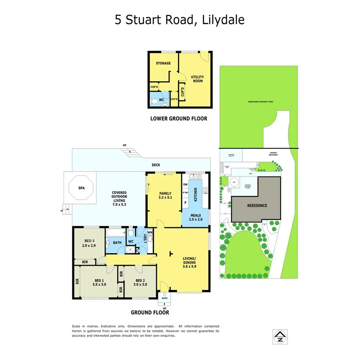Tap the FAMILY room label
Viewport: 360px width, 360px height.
(x=165, y=195)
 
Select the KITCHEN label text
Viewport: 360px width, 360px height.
(x=196, y=194)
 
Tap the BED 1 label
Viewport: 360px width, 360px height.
(x=99, y=282)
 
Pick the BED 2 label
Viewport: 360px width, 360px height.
(x=140, y=282)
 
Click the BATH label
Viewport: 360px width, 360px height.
(x=117, y=242)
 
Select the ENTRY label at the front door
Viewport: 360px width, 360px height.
(x=164, y=298)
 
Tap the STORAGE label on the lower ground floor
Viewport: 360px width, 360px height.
(x=163, y=63)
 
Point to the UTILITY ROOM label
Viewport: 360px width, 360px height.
(x=197, y=79)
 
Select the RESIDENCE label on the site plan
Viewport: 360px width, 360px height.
(x=257, y=206)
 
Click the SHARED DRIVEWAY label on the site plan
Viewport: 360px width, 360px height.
(x=274, y=154)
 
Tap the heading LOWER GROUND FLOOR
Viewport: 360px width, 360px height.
(x=179, y=118)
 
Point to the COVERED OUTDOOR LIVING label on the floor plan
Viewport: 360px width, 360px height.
(x=119, y=198)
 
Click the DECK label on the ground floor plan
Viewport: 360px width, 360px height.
(x=156, y=164)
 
